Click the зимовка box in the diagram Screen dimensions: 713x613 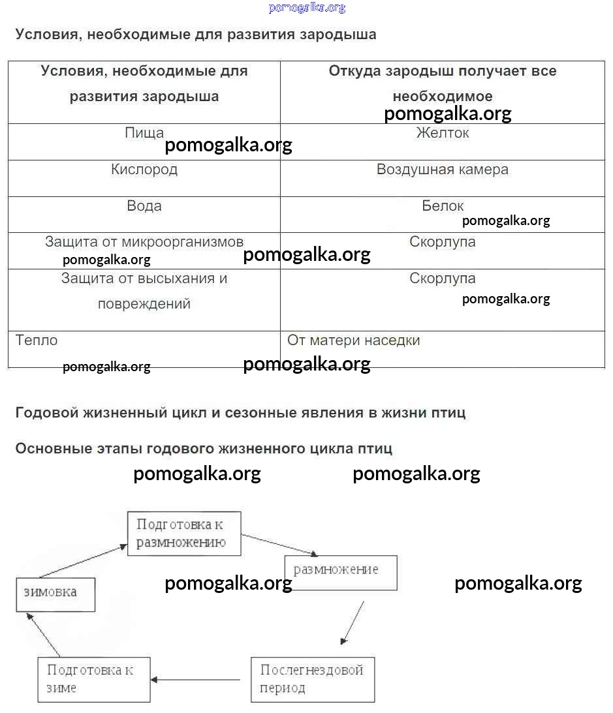(55, 594)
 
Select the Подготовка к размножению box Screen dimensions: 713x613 (184, 534)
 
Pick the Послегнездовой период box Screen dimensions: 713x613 (313, 679)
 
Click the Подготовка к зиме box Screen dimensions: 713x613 (94, 679)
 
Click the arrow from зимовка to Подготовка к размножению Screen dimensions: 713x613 (82, 562)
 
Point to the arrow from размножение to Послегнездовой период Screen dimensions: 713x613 (353, 622)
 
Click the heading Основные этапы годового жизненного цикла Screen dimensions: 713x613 (204, 449)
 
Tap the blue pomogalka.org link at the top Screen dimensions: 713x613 (306, 8)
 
